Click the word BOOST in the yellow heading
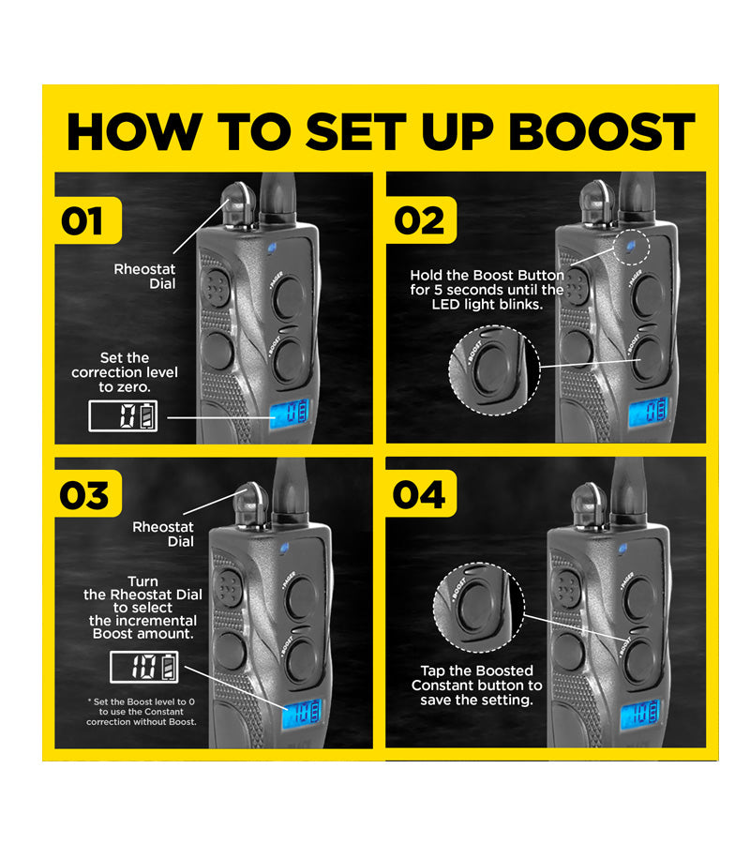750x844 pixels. (602, 132)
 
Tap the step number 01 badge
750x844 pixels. (88, 220)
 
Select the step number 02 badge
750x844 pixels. (421, 220)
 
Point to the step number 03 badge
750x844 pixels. (88, 494)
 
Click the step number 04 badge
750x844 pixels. (421, 494)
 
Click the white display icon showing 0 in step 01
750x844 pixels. (123, 416)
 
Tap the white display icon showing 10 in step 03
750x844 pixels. (144, 667)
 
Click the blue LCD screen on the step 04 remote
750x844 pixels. (640, 715)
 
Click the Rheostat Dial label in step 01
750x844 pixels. (144, 276)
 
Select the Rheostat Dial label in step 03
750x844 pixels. (163, 534)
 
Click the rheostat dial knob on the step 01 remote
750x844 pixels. (238, 202)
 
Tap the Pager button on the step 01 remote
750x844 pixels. (289, 297)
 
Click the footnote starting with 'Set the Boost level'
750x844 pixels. (142, 712)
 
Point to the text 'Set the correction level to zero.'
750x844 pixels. (125, 372)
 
